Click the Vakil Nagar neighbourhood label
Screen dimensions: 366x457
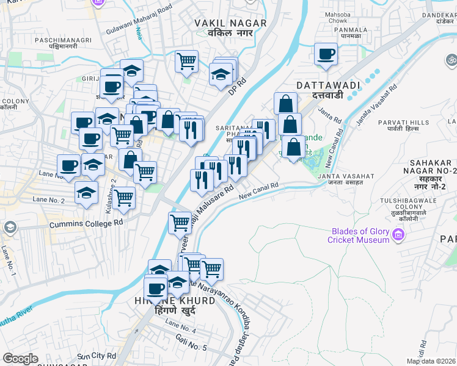coord(230,27)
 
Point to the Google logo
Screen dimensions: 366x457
coord(20,359)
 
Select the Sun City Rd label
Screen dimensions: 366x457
coord(97,356)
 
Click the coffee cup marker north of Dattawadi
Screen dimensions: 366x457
coord(326,54)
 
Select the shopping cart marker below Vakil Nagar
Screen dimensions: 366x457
coord(186,60)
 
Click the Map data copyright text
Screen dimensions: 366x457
coord(431,361)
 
